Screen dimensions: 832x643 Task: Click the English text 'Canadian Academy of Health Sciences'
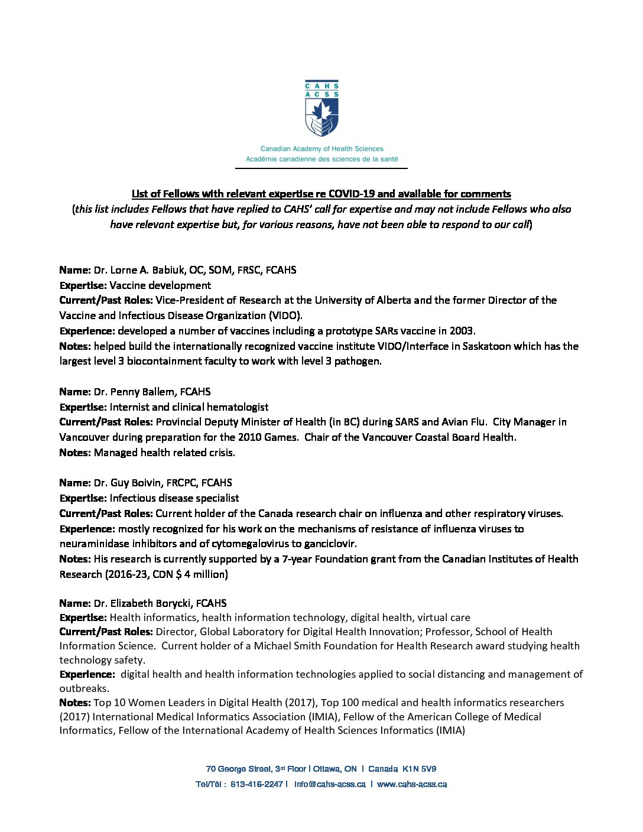pos(321,149)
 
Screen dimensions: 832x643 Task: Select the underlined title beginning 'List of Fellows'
pos(321,194)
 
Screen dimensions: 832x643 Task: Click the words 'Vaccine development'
pos(160,285)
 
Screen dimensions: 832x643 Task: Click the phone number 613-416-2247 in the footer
pos(256,784)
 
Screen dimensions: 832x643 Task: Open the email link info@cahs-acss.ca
pos(330,784)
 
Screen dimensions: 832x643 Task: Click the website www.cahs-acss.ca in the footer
pos(412,784)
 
